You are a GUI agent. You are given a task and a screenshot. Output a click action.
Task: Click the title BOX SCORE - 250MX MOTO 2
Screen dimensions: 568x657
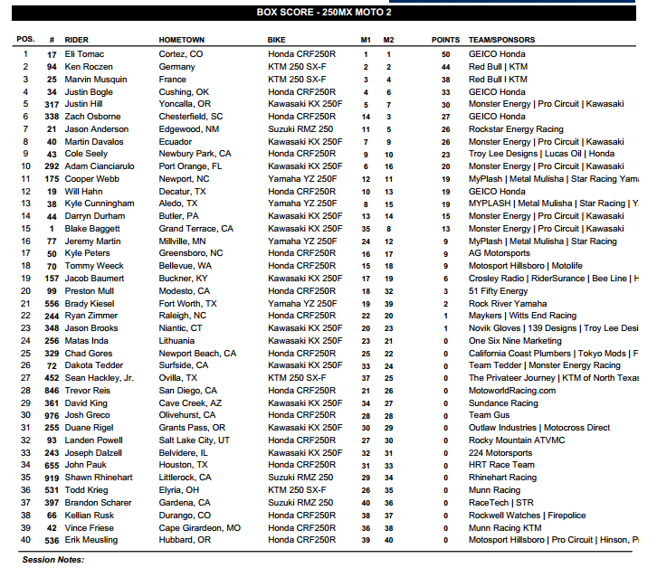pos(328,13)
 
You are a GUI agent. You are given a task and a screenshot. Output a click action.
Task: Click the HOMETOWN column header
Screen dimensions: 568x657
pos(182,41)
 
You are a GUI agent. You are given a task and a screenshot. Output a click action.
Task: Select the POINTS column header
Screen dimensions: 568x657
pos(445,41)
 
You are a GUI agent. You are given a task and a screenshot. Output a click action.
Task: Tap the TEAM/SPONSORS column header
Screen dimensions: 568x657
pos(500,41)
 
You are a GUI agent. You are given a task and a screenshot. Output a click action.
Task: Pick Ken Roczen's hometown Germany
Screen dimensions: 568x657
pos(177,67)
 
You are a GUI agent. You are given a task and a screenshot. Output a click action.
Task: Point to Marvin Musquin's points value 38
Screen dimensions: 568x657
pos(445,80)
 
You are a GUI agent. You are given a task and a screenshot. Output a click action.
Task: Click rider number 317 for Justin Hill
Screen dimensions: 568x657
pos(52,104)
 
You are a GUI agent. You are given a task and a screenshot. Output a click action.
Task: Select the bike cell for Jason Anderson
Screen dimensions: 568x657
pos(300,129)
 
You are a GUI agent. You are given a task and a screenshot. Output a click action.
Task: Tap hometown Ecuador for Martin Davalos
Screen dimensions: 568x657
pos(176,142)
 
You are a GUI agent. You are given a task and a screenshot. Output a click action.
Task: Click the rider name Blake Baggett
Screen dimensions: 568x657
pos(92,229)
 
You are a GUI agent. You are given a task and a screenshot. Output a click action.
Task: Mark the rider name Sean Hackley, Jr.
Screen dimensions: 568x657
pos(100,378)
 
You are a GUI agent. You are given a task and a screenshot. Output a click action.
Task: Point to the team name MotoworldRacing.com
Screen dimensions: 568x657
pos(512,391)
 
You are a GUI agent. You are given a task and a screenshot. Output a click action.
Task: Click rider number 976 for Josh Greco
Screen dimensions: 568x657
pos(52,415)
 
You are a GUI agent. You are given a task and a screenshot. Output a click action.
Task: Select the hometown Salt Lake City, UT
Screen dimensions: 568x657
pos(194,440)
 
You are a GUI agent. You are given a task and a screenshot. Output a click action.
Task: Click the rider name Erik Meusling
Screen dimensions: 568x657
pos(91,540)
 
